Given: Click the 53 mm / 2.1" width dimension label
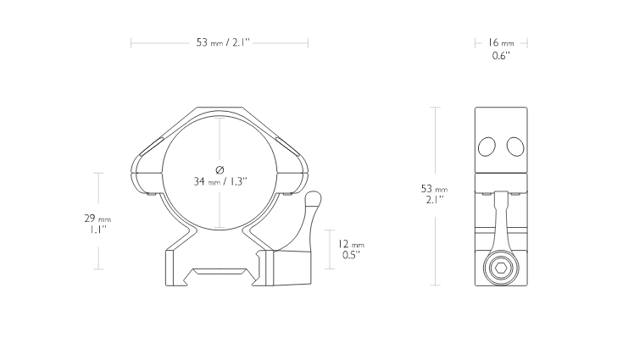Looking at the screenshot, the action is (x=223, y=42).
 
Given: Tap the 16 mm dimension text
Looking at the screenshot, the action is (x=501, y=42).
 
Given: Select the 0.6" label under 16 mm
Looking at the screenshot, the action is (x=501, y=56).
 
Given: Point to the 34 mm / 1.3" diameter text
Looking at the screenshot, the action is (x=220, y=181).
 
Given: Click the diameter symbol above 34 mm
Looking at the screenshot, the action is (x=220, y=169).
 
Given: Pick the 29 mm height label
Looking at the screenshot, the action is (x=97, y=219).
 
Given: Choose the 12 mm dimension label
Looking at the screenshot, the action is (x=351, y=244).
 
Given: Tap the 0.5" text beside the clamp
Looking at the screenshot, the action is (x=351, y=255).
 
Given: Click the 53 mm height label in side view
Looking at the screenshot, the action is (x=434, y=189).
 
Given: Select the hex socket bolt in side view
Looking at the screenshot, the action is (x=501, y=269).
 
